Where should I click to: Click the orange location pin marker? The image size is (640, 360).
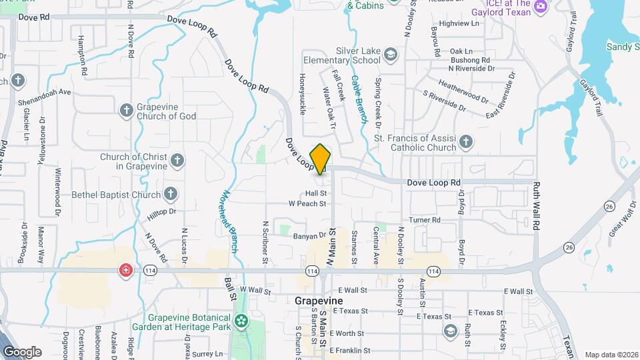[x=321, y=158]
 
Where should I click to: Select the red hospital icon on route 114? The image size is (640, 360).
[x=125, y=271]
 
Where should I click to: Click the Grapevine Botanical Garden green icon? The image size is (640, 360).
[x=240, y=323]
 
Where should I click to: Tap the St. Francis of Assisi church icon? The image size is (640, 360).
[x=466, y=141]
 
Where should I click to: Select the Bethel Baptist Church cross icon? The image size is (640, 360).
[x=171, y=195]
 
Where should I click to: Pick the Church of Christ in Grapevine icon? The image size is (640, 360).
[x=177, y=160]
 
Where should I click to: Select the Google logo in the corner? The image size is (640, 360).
[x=21, y=352]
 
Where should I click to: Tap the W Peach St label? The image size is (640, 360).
[x=307, y=203]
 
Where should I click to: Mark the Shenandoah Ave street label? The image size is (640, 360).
[x=46, y=92]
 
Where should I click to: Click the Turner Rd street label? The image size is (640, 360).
[x=425, y=220]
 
